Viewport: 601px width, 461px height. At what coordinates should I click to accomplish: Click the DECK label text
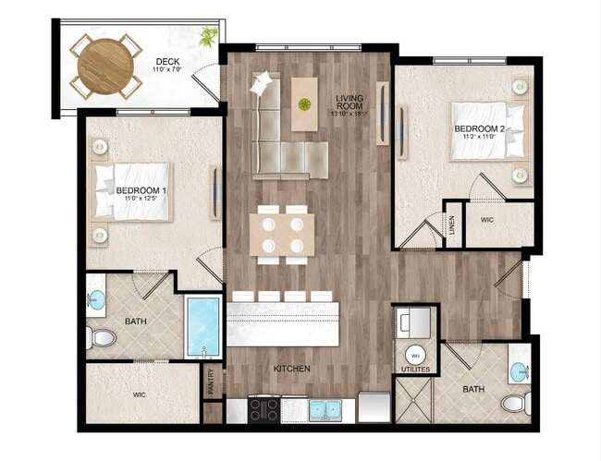pyautogui.click(x=167, y=63)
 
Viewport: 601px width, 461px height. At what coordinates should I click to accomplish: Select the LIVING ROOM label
pyautogui.click(x=350, y=103)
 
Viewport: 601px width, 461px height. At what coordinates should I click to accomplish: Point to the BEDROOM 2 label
pyautogui.click(x=476, y=129)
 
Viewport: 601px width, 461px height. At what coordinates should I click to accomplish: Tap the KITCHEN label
pyautogui.click(x=291, y=370)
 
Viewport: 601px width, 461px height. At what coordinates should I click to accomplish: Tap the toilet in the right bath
pyautogui.click(x=514, y=404)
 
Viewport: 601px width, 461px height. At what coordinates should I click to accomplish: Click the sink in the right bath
pyautogui.click(x=519, y=371)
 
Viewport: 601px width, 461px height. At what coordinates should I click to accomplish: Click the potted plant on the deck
pyautogui.click(x=209, y=37)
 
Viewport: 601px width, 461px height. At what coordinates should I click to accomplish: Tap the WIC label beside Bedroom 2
pyautogui.click(x=487, y=221)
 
